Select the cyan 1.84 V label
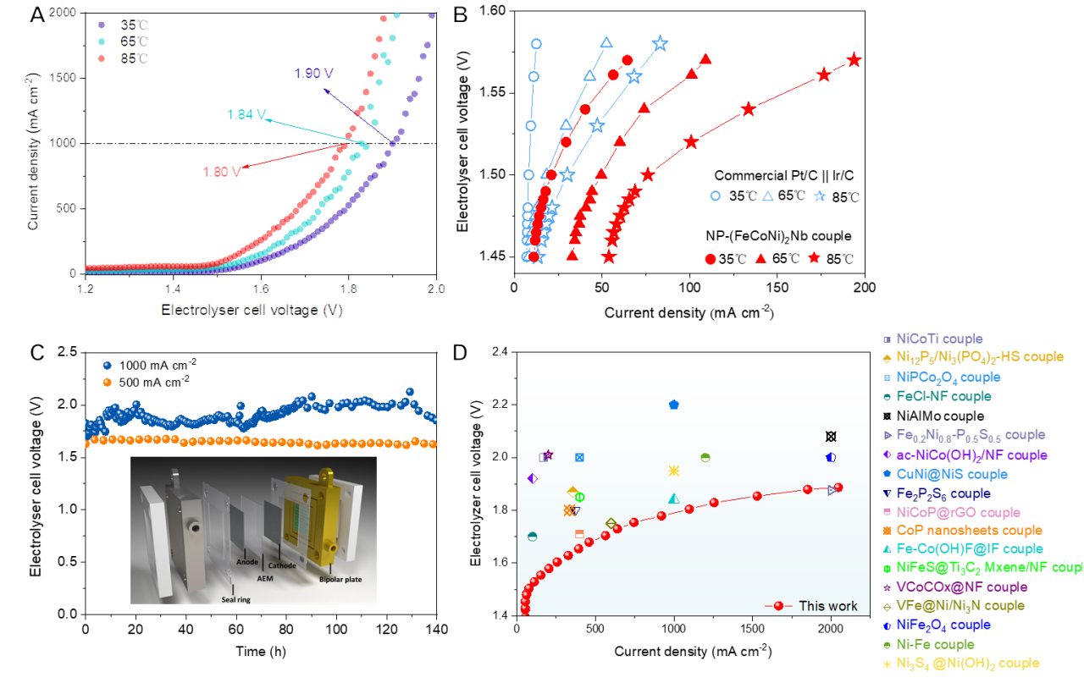coord(246,115)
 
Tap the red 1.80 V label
coord(221,171)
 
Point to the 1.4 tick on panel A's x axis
coord(173,289)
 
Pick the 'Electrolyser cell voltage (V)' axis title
coord(252,311)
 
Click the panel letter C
coord(37,353)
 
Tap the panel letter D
coord(460,353)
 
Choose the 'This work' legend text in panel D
coord(827,606)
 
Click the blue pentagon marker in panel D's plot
coord(673,405)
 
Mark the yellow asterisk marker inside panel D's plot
coord(674,471)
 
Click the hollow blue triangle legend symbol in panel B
coord(767,196)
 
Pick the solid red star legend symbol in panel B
coord(814,258)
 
